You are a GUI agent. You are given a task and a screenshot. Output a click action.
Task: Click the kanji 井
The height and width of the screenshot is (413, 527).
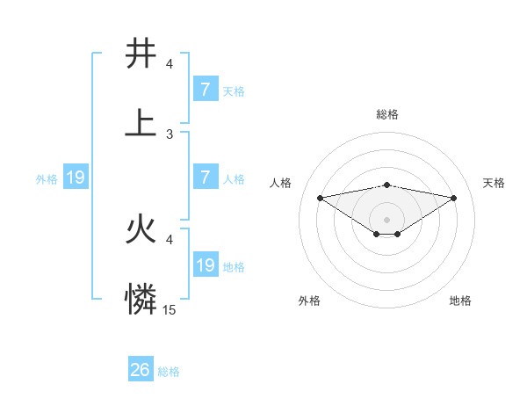tap(141, 54)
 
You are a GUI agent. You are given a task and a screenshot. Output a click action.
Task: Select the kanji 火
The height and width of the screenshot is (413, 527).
tap(141, 230)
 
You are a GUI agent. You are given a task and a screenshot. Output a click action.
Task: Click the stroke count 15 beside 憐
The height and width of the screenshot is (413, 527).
tap(170, 310)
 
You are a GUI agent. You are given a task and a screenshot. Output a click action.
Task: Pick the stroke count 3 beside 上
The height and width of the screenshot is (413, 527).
tap(170, 134)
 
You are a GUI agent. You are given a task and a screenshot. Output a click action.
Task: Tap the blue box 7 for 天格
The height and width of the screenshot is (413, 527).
tap(205, 90)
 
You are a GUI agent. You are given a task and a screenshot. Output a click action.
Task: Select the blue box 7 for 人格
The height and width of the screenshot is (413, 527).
tap(205, 178)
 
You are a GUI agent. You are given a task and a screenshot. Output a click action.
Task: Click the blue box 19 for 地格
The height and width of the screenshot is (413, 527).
tap(205, 265)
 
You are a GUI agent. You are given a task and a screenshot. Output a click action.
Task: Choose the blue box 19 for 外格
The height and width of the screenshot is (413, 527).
tap(76, 178)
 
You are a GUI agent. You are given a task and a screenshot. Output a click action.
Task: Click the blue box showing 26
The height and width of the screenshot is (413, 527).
tap(141, 370)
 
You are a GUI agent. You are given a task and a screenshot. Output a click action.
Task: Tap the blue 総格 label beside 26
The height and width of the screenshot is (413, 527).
tap(169, 372)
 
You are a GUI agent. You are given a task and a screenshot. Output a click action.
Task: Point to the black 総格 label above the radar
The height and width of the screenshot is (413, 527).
tap(387, 114)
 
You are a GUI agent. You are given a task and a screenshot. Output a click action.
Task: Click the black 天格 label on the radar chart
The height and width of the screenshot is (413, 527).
tap(494, 183)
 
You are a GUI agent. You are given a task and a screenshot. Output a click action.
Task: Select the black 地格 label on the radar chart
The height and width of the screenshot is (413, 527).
tap(460, 301)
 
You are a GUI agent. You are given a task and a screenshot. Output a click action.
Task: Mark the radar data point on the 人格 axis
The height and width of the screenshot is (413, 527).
tap(321, 197)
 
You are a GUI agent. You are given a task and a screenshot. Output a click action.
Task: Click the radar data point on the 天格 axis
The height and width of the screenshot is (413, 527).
tap(454, 198)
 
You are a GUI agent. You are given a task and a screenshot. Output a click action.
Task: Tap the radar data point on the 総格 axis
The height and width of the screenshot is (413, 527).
tap(387, 185)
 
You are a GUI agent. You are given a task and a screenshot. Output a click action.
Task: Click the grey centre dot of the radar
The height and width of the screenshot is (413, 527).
tap(387, 219)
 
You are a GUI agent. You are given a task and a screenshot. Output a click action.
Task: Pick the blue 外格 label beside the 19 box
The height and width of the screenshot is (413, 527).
tap(47, 179)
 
